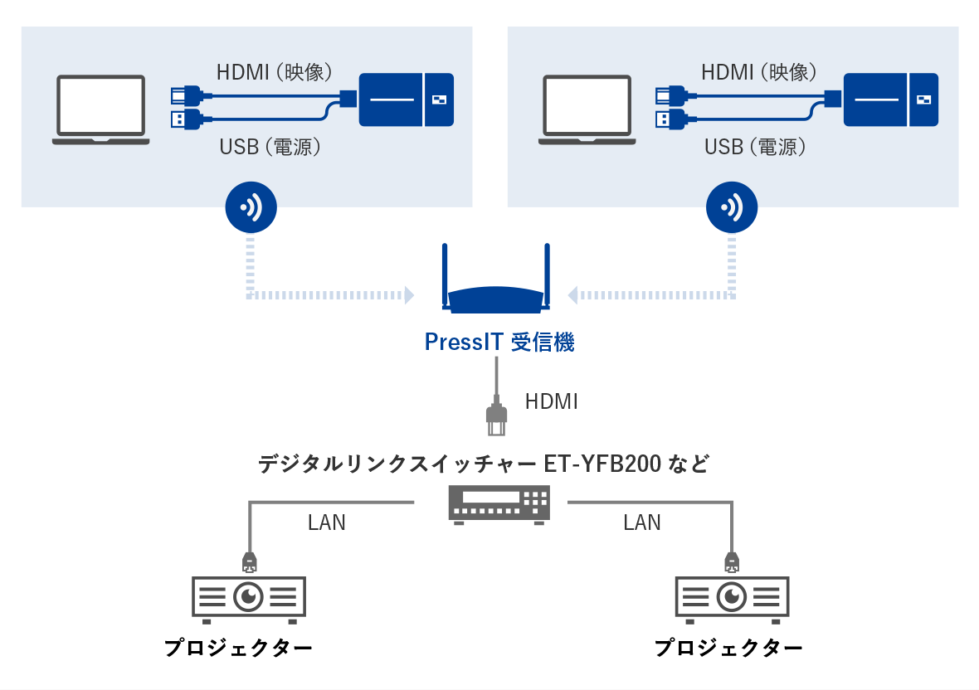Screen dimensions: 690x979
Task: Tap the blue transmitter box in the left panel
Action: coord(406,100)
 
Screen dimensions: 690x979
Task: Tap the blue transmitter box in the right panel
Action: coord(891,100)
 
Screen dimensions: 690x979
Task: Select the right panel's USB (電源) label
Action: coord(755,147)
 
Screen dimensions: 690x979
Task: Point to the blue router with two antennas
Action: coord(496,286)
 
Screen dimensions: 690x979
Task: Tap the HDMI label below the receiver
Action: coord(551,402)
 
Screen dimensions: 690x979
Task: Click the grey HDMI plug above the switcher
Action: coord(495,419)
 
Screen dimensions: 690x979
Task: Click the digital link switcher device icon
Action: coord(499,503)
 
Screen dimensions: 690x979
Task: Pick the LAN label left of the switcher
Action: coord(327,522)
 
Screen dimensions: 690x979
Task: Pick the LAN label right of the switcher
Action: coord(641,522)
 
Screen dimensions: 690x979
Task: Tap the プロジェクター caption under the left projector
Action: coord(238,648)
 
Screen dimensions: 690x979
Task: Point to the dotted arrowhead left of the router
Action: coord(408,294)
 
